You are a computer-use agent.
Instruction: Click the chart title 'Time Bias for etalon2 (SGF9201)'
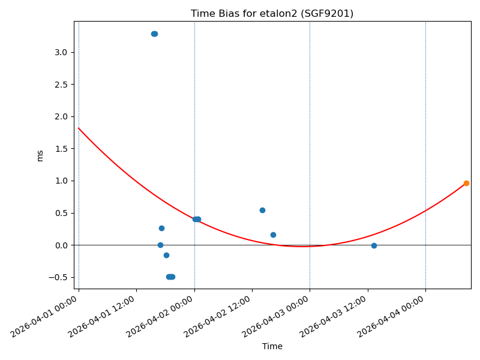(272, 13)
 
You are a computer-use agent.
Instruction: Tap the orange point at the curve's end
(466, 183)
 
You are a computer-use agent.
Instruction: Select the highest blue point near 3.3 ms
(154, 34)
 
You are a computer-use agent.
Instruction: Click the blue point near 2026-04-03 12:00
(374, 245)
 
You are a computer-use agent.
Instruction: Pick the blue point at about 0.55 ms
(262, 210)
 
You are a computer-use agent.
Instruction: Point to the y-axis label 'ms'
(40, 155)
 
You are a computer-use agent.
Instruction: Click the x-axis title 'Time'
(272, 346)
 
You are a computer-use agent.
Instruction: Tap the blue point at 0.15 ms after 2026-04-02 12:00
(273, 235)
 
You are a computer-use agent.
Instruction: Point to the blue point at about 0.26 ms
(161, 228)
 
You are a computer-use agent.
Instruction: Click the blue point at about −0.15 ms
(166, 255)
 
